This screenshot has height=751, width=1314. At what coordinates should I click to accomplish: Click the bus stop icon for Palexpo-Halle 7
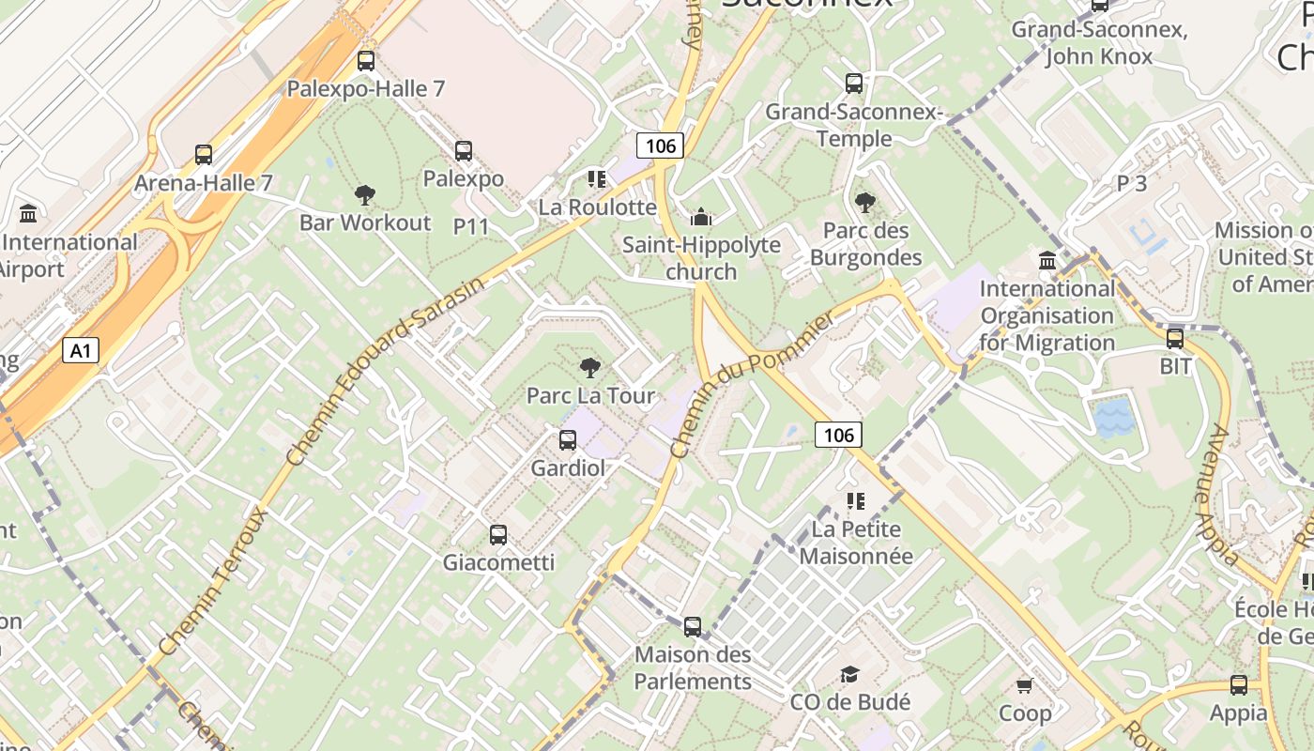coord(366,61)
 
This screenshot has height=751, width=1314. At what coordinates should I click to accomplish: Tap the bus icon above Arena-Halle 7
coord(204,155)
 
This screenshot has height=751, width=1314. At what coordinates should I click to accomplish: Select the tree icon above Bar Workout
coord(365,195)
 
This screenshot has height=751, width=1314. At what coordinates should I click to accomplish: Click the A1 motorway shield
coord(82,351)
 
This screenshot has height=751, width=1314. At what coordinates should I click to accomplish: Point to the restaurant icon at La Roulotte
coord(596,178)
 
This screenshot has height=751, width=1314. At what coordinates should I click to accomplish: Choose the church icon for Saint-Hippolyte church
coord(701,218)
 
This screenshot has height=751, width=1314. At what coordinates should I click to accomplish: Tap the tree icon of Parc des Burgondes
coord(865,202)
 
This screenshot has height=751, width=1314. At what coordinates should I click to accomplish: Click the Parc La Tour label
coord(590,395)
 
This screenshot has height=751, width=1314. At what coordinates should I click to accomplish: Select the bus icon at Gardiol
coord(568,439)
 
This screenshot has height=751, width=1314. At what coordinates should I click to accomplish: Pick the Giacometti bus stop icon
coord(498,535)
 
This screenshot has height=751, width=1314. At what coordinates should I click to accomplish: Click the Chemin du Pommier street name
coord(753,386)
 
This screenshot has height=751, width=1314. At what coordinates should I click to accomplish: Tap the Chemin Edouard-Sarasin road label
coord(388,370)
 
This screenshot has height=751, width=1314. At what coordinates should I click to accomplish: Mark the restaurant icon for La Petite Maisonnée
coord(855,501)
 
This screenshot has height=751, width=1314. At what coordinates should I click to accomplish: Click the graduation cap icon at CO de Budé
coord(850,674)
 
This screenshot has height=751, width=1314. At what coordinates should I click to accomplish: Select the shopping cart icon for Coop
coord(1025,685)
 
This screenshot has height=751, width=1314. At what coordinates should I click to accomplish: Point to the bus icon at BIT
coord(1175,338)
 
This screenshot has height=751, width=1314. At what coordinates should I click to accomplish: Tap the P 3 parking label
coord(1132,183)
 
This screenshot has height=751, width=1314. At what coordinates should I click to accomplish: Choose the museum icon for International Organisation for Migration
coord(1047,260)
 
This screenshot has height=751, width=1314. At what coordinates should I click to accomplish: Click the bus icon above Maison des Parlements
coord(693,626)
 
